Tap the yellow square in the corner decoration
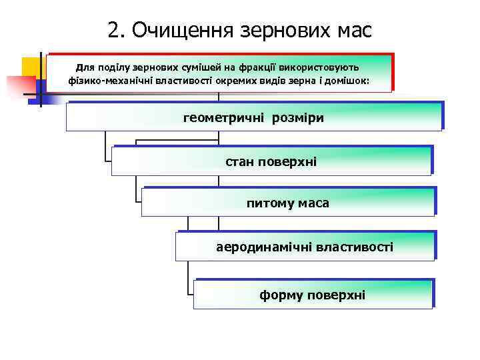point(31,67)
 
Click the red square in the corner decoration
point(20,87)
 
